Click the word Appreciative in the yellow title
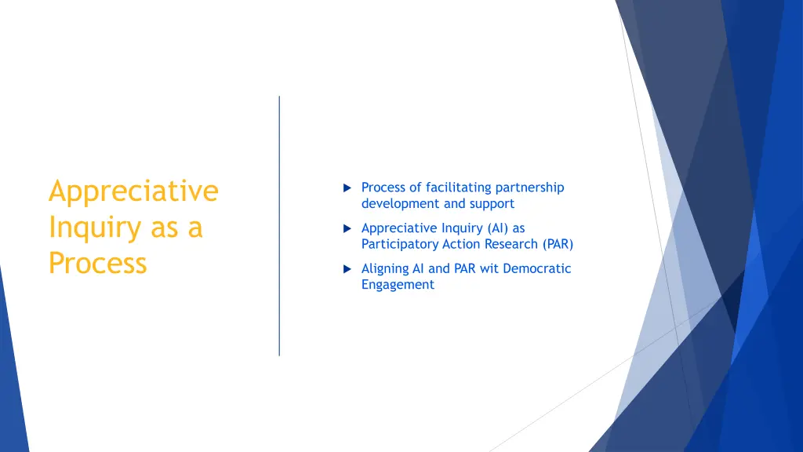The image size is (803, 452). [x=133, y=191]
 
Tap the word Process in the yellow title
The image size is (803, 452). [x=97, y=263]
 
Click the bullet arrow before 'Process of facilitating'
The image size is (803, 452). [x=347, y=188]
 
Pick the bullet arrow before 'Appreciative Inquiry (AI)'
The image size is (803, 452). [x=347, y=229]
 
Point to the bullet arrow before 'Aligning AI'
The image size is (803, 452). [x=347, y=269]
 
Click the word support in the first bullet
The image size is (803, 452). [x=492, y=204]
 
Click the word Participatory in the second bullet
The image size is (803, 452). [x=398, y=245]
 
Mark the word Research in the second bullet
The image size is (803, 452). [x=505, y=245]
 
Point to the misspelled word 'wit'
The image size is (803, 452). [x=489, y=268]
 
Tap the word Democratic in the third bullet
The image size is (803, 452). [x=537, y=268]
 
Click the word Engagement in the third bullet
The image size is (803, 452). [x=398, y=285]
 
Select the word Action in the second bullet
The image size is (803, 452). [x=458, y=245]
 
